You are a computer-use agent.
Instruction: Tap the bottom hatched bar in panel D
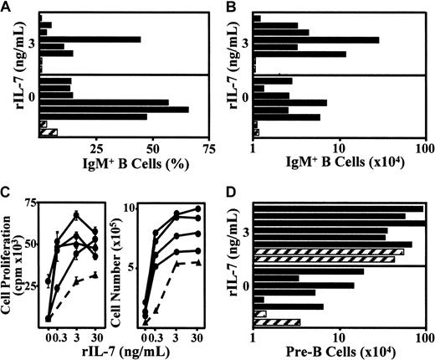277,322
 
